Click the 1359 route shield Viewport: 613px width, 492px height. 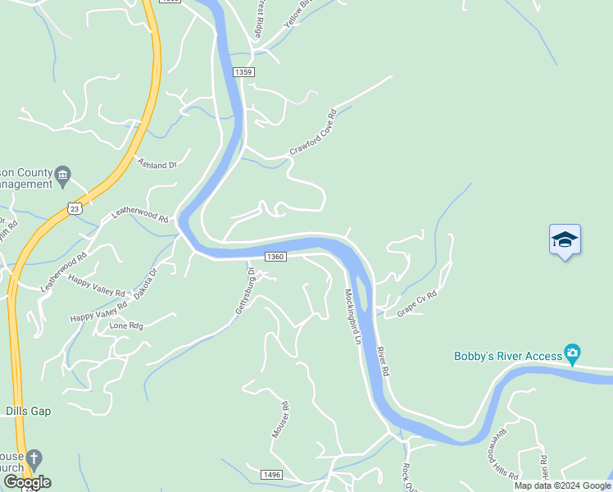click(x=243, y=72)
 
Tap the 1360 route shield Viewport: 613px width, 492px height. click(x=275, y=257)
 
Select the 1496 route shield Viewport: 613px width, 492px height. click(x=272, y=475)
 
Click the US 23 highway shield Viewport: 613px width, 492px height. click(x=75, y=208)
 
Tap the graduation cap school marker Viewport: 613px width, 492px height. click(x=565, y=239)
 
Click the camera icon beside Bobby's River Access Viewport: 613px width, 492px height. click(x=573, y=355)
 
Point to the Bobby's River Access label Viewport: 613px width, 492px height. click(x=508, y=356)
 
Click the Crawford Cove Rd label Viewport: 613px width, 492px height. click(x=313, y=133)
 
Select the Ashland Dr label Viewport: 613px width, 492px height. click(x=157, y=165)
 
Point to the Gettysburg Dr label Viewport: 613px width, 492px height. click(x=245, y=290)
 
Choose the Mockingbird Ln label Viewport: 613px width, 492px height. click(x=352, y=316)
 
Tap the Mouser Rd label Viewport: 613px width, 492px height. click(x=280, y=419)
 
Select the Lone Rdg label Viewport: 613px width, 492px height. click(x=126, y=326)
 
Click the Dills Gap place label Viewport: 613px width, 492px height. click(x=28, y=411)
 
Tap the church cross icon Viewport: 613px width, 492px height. click(x=34, y=457)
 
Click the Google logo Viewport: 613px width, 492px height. click(x=27, y=482)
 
